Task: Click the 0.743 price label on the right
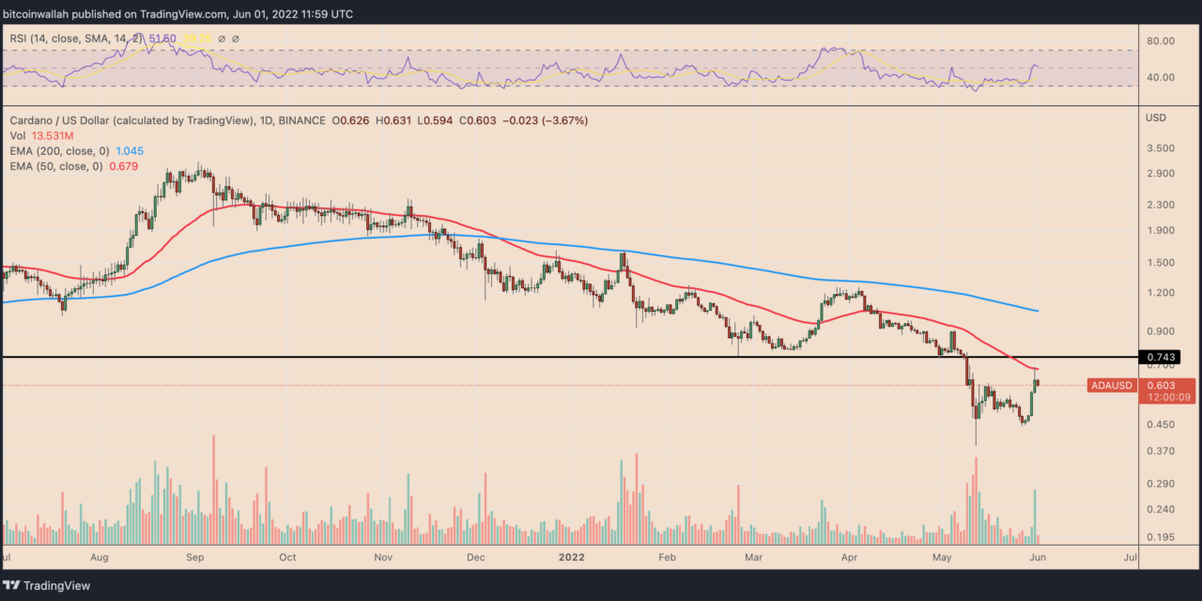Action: (x=1158, y=357)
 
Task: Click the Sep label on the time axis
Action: (x=194, y=557)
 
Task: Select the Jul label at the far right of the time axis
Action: (x=1131, y=557)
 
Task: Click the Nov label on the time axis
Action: (x=384, y=557)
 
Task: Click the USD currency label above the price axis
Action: (x=1158, y=119)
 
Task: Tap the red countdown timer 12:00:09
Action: (x=1165, y=397)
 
